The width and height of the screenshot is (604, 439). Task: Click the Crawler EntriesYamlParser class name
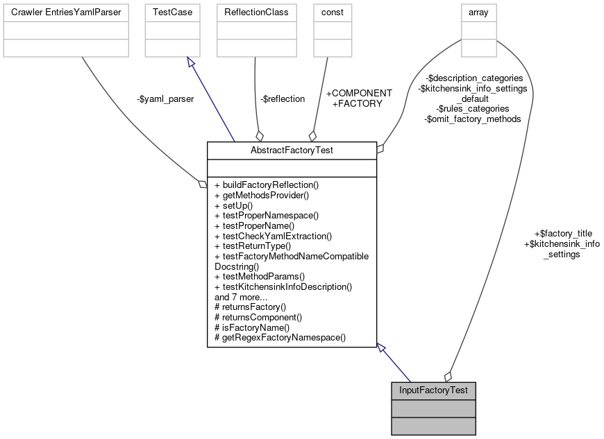pos(66,12)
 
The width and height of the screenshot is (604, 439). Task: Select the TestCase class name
pos(173,12)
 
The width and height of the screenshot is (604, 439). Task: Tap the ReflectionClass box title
pos(256,12)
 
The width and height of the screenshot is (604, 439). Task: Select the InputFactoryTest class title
pos(433,390)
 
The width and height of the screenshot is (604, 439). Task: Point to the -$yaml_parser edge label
pos(165,99)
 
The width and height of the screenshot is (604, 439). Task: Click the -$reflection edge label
pos(283,99)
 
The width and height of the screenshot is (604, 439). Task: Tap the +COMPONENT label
pos(359,93)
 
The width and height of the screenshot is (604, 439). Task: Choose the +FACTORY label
pos(358,103)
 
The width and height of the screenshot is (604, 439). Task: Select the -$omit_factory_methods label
pos(472,119)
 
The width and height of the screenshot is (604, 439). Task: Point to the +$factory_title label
pos(562,234)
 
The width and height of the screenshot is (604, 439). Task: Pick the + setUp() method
pos(234,206)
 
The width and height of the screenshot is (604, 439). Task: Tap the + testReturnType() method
pos(253,246)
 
